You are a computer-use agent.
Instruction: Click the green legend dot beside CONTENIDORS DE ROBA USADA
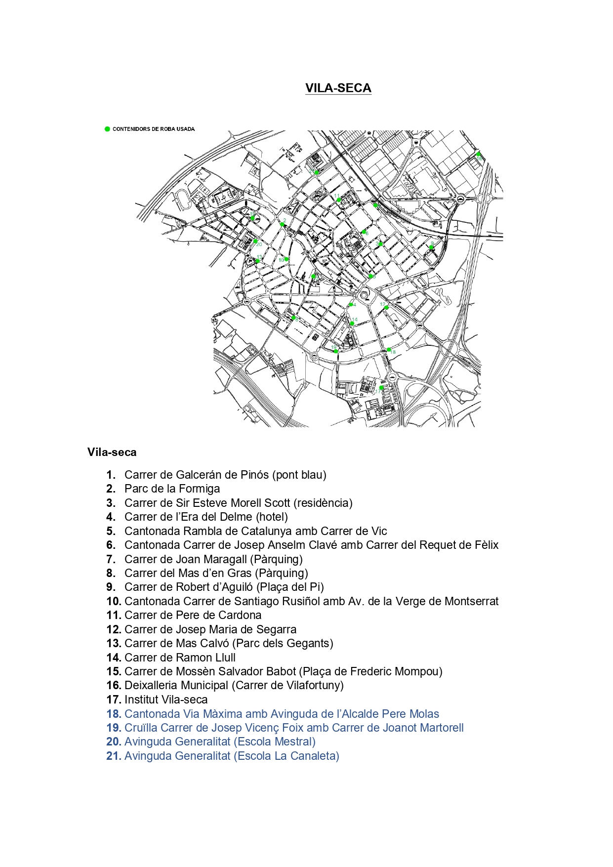click(107, 129)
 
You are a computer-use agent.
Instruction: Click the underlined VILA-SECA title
click(338, 88)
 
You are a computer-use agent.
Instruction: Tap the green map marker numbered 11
click(338, 200)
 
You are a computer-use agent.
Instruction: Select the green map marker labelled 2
click(283, 224)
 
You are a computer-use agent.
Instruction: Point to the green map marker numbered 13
click(257, 261)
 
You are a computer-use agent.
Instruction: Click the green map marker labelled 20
click(256, 241)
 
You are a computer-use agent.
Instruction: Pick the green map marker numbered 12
click(386, 308)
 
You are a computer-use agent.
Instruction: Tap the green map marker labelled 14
click(352, 324)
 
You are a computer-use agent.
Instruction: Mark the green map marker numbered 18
click(389, 350)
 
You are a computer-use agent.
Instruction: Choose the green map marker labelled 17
click(381, 388)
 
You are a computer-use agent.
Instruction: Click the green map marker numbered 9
click(431, 247)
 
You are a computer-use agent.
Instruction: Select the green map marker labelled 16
click(478, 154)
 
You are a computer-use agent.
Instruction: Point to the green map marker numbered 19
click(252, 218)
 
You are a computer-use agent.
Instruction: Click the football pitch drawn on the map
click(221, 199)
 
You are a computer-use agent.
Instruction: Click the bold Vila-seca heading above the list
click(112, 452)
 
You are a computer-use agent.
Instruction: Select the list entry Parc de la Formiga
click(172, 489)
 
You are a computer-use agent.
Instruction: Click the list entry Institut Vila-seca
click(166, 700)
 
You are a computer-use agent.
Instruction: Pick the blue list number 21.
click(114, 756)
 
